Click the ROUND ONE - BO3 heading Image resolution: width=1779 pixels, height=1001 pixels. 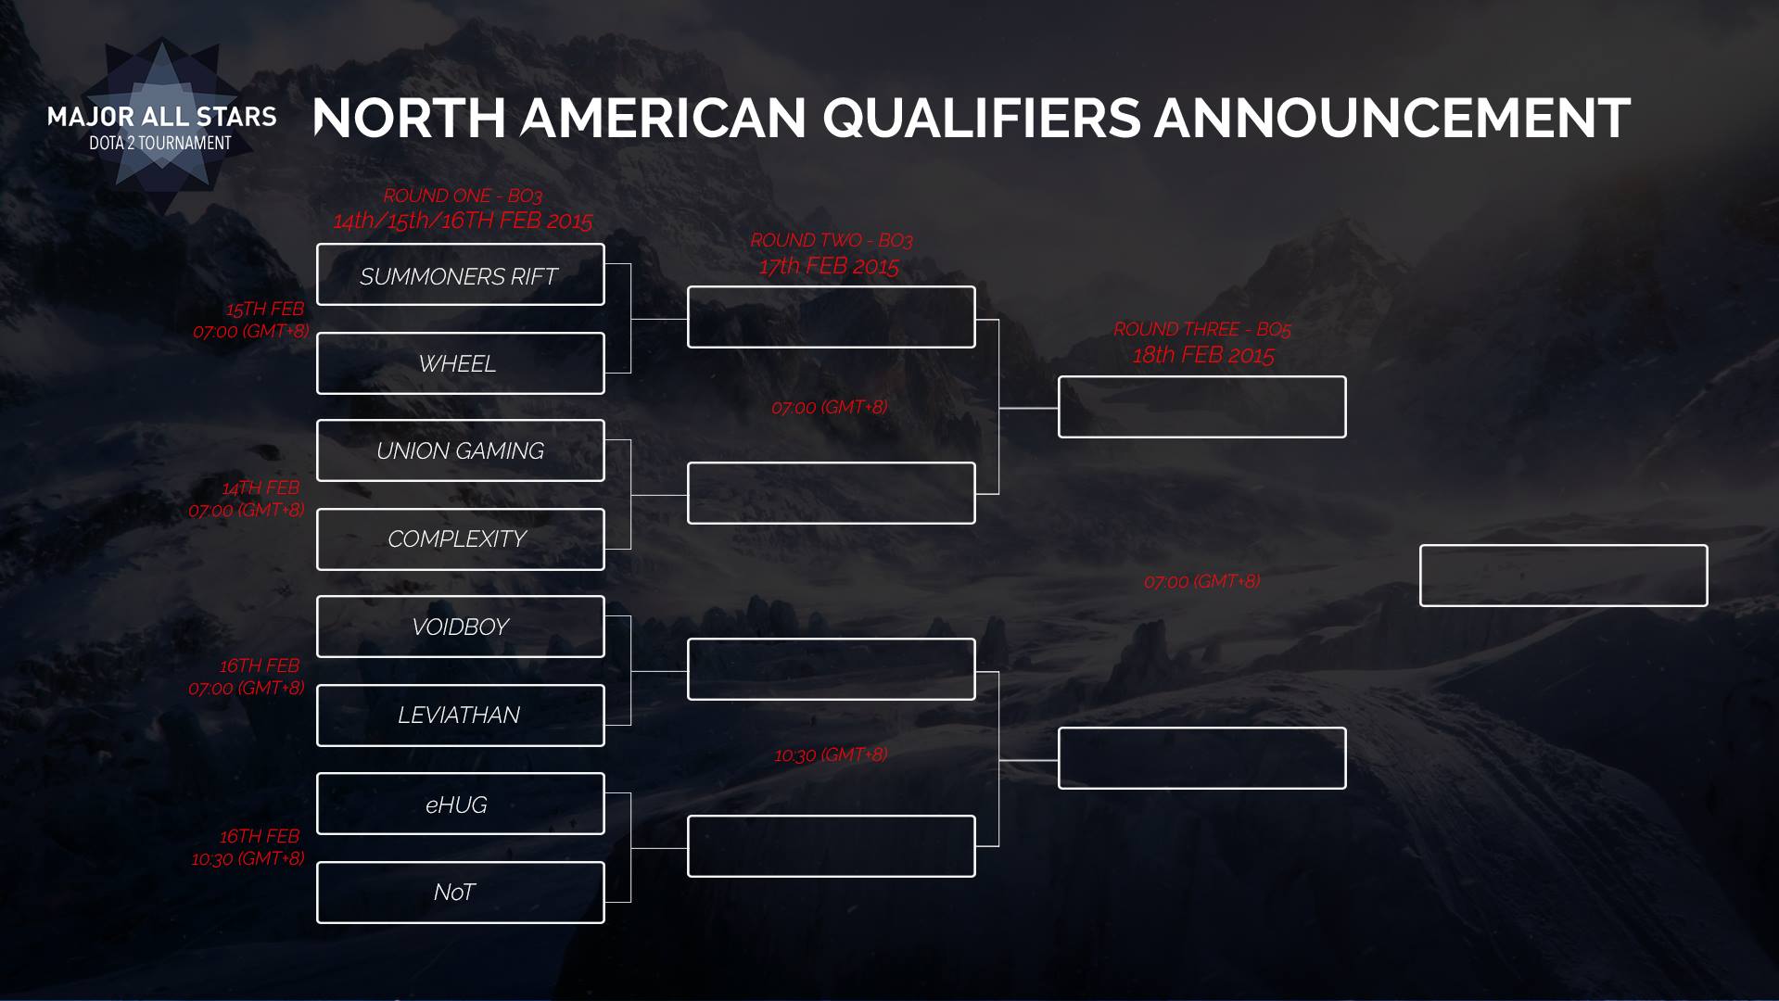[x=463, y=196]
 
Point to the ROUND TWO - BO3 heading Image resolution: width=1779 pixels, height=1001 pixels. [x=832, y=240]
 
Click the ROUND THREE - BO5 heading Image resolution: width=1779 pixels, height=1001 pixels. [x=1202, y=329]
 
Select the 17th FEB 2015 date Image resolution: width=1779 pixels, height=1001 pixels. [x=829, y=267]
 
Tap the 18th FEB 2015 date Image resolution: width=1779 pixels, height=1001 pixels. [x=1203, y=355]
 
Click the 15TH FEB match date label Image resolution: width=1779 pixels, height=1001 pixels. [x=265, y=310]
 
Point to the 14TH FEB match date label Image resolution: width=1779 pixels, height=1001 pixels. [x=260, y=488]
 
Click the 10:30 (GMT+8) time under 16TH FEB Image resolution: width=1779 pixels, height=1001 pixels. [x=248, y=859]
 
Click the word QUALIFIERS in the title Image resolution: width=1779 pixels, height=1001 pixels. [x=982, y=120]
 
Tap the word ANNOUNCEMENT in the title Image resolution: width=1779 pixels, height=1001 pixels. [x=1392, y=118]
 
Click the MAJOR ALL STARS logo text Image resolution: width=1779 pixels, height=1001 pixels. [x=162, y=117]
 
